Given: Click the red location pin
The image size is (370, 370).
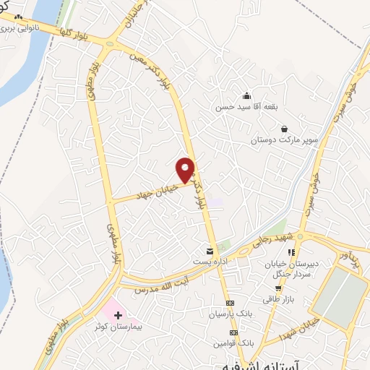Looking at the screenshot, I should point(186,170).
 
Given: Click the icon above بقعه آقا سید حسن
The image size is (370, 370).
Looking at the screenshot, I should point(246,96).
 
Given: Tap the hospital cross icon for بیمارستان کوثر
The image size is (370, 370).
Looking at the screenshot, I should point(118,316).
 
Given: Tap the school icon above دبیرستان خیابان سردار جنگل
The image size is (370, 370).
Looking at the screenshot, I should point(291,252).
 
